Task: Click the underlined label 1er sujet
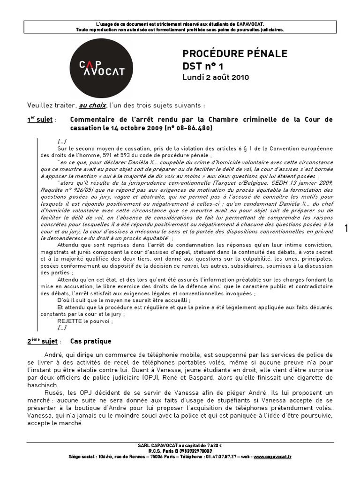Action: [x=40, y=120]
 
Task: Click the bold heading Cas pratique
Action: [x=90, y=341]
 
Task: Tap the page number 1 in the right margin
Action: [x=346, y=228]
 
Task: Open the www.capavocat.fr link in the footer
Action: [x=273, y=456]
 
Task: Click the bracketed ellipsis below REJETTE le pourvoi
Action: [x=62, y=328]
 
